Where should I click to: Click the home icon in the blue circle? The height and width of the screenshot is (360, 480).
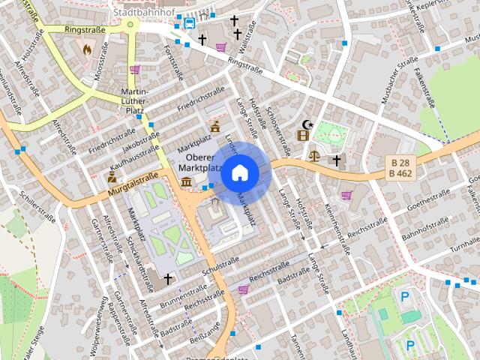[x=239, y=172]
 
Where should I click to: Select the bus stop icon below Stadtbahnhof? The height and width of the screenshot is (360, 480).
[x=189, y=22]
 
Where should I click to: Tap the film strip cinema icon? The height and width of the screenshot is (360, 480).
[x=303, y=135]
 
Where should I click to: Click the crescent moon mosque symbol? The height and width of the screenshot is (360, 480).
[x=305, y=124]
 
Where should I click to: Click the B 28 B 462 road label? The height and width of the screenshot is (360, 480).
[x=403, y=168]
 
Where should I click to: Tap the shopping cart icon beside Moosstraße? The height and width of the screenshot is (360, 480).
[x=134, y=70]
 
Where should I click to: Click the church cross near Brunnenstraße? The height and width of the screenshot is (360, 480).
[x=168, y=279]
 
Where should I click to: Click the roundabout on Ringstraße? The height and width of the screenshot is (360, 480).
[x=131, y=25]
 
